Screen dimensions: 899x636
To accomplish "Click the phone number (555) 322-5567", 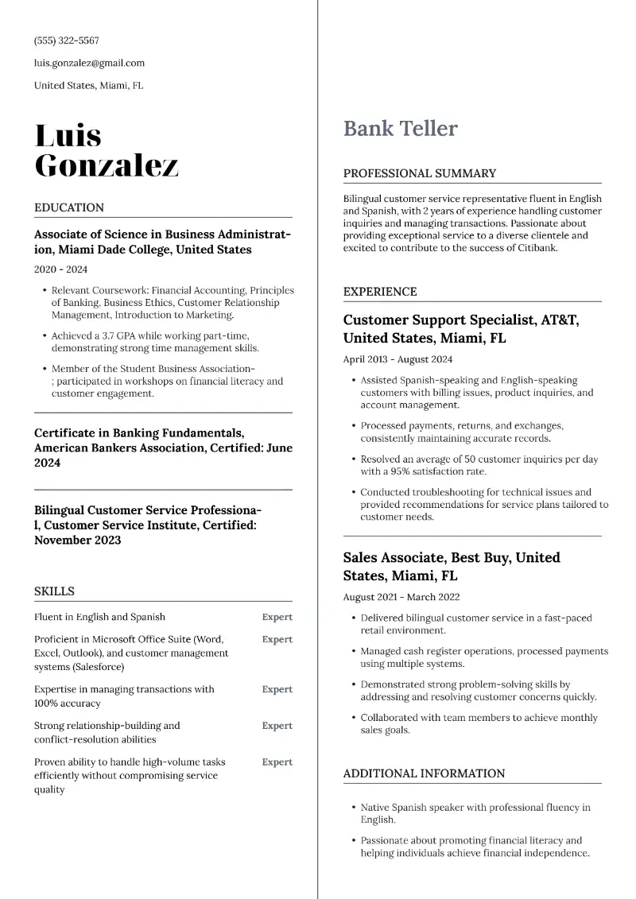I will (x=67, y=41).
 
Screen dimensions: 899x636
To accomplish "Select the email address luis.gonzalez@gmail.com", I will (x=89, y=63).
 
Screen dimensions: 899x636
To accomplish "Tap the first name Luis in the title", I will (x=68, y=136).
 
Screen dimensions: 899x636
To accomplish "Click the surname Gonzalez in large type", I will (x=107, y=165).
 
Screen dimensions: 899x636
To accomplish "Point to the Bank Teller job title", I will (x=400, y=129).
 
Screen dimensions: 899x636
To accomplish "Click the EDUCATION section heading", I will (x=69, y=207).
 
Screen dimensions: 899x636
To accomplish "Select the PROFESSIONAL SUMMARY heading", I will (x=419, y=173).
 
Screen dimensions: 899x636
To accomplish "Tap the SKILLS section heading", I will (x=54, y=591).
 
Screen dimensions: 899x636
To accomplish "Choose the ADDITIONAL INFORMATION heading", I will (x=424, y=773).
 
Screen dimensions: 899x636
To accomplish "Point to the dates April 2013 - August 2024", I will (x=397, y=359).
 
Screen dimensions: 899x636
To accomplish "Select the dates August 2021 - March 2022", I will (x=401, y=597).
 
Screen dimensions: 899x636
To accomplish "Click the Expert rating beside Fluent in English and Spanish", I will (x=277, y=617).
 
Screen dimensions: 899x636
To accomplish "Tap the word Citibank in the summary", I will (x=535, y=248).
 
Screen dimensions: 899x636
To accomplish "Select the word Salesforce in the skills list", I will (x=99, y=667).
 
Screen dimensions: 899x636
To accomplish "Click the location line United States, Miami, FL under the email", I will (x=88, y=85).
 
